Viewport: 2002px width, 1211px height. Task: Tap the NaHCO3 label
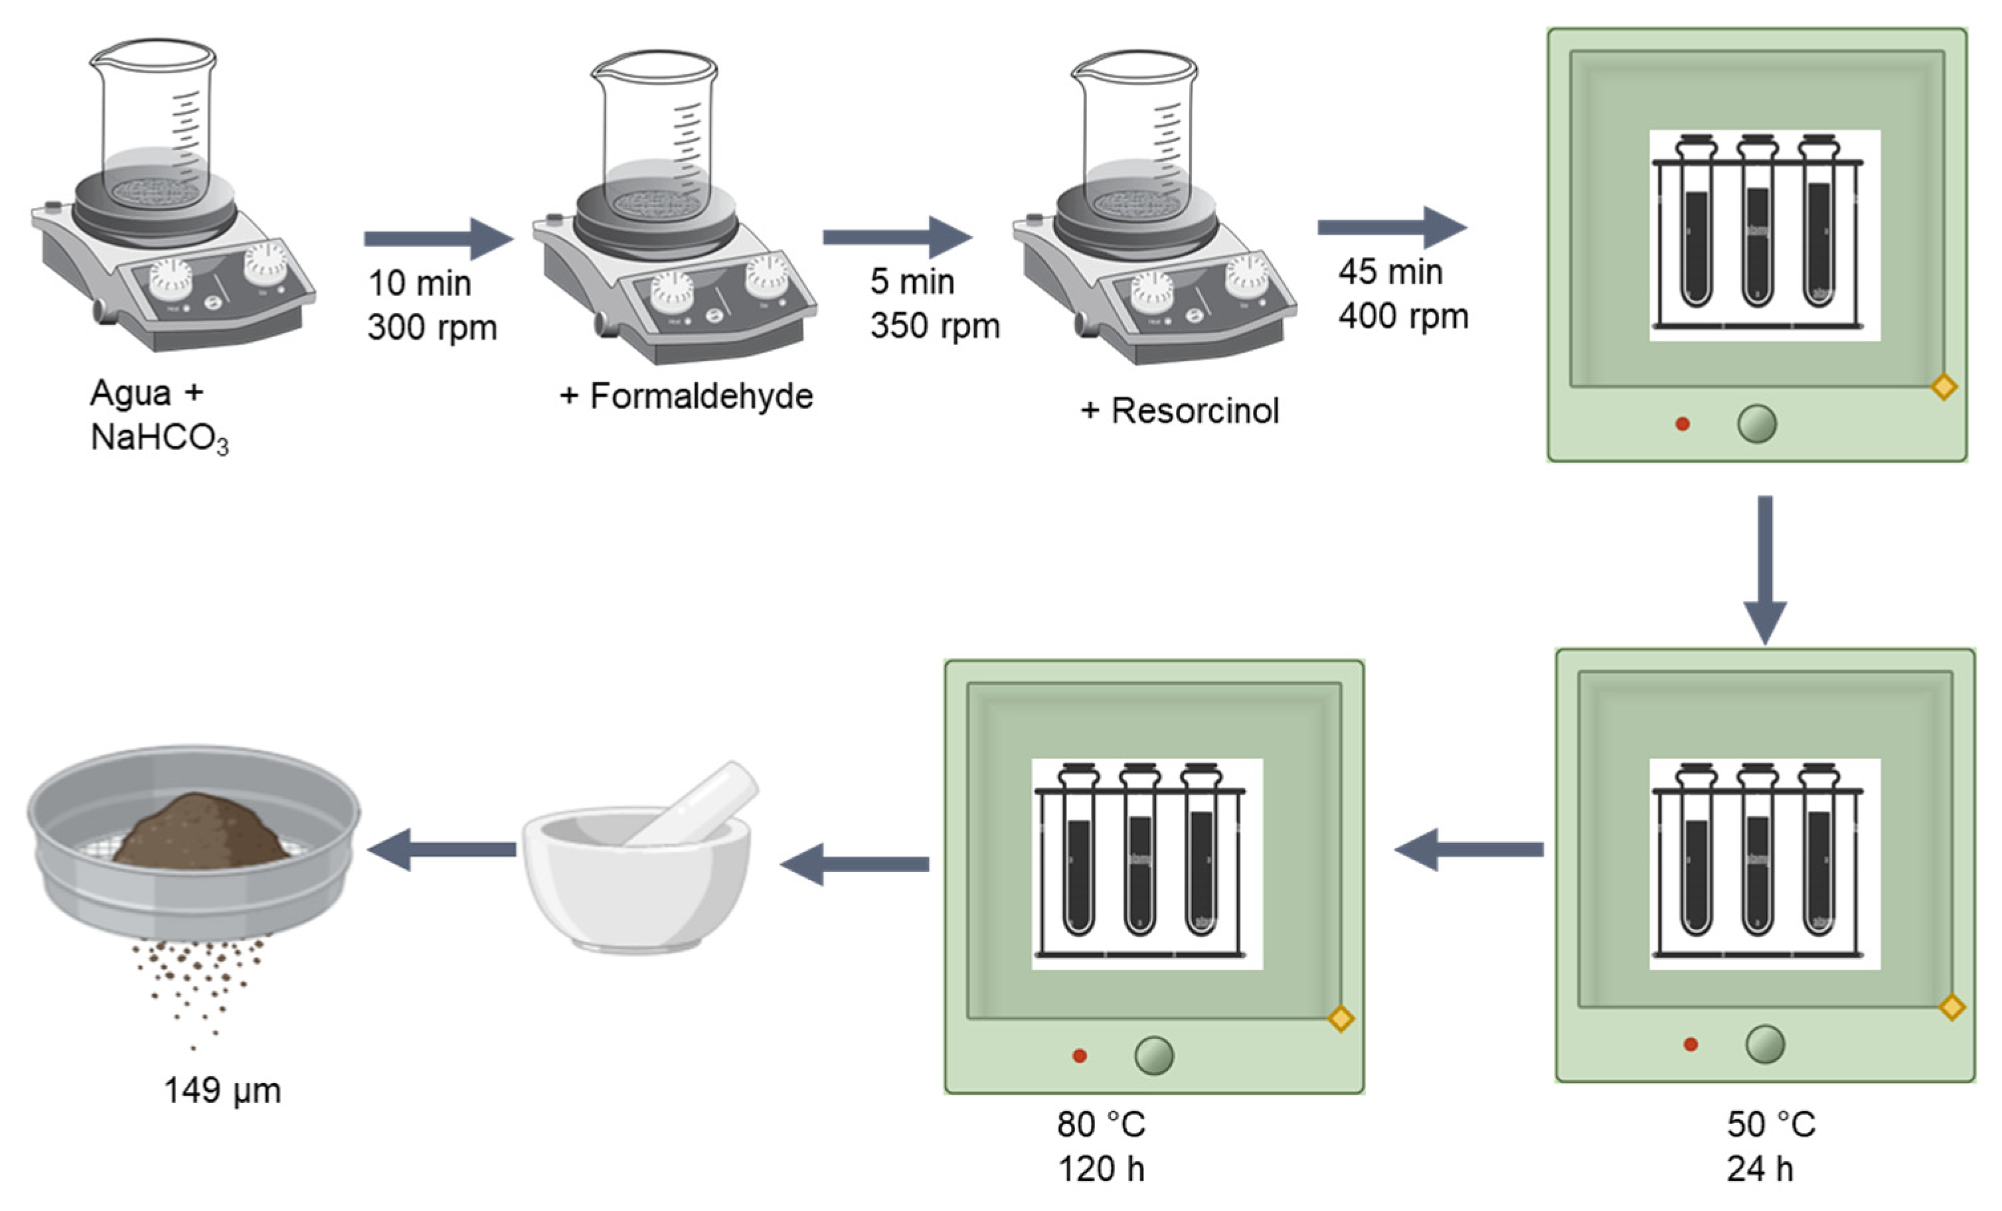[159, 439]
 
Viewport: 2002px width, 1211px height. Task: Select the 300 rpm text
[432, 327]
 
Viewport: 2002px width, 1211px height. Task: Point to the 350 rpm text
[934, 326]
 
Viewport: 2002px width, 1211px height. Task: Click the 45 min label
[1390, 272]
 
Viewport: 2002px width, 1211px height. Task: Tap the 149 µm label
[222, 1090]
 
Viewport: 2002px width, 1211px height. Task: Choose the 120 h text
[1101, 1169]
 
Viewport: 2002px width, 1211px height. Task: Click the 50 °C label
[1770, 1125]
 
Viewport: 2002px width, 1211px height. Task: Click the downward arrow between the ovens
[1765, 569]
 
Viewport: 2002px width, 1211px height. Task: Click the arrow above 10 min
[439, 238]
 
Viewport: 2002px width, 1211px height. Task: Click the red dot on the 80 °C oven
[1079, 1056]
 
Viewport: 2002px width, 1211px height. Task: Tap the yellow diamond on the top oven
[1944, 387]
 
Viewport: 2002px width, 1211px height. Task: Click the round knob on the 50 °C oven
[1765, 1044]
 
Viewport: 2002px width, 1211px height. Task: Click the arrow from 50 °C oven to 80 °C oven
[1468, 849]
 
